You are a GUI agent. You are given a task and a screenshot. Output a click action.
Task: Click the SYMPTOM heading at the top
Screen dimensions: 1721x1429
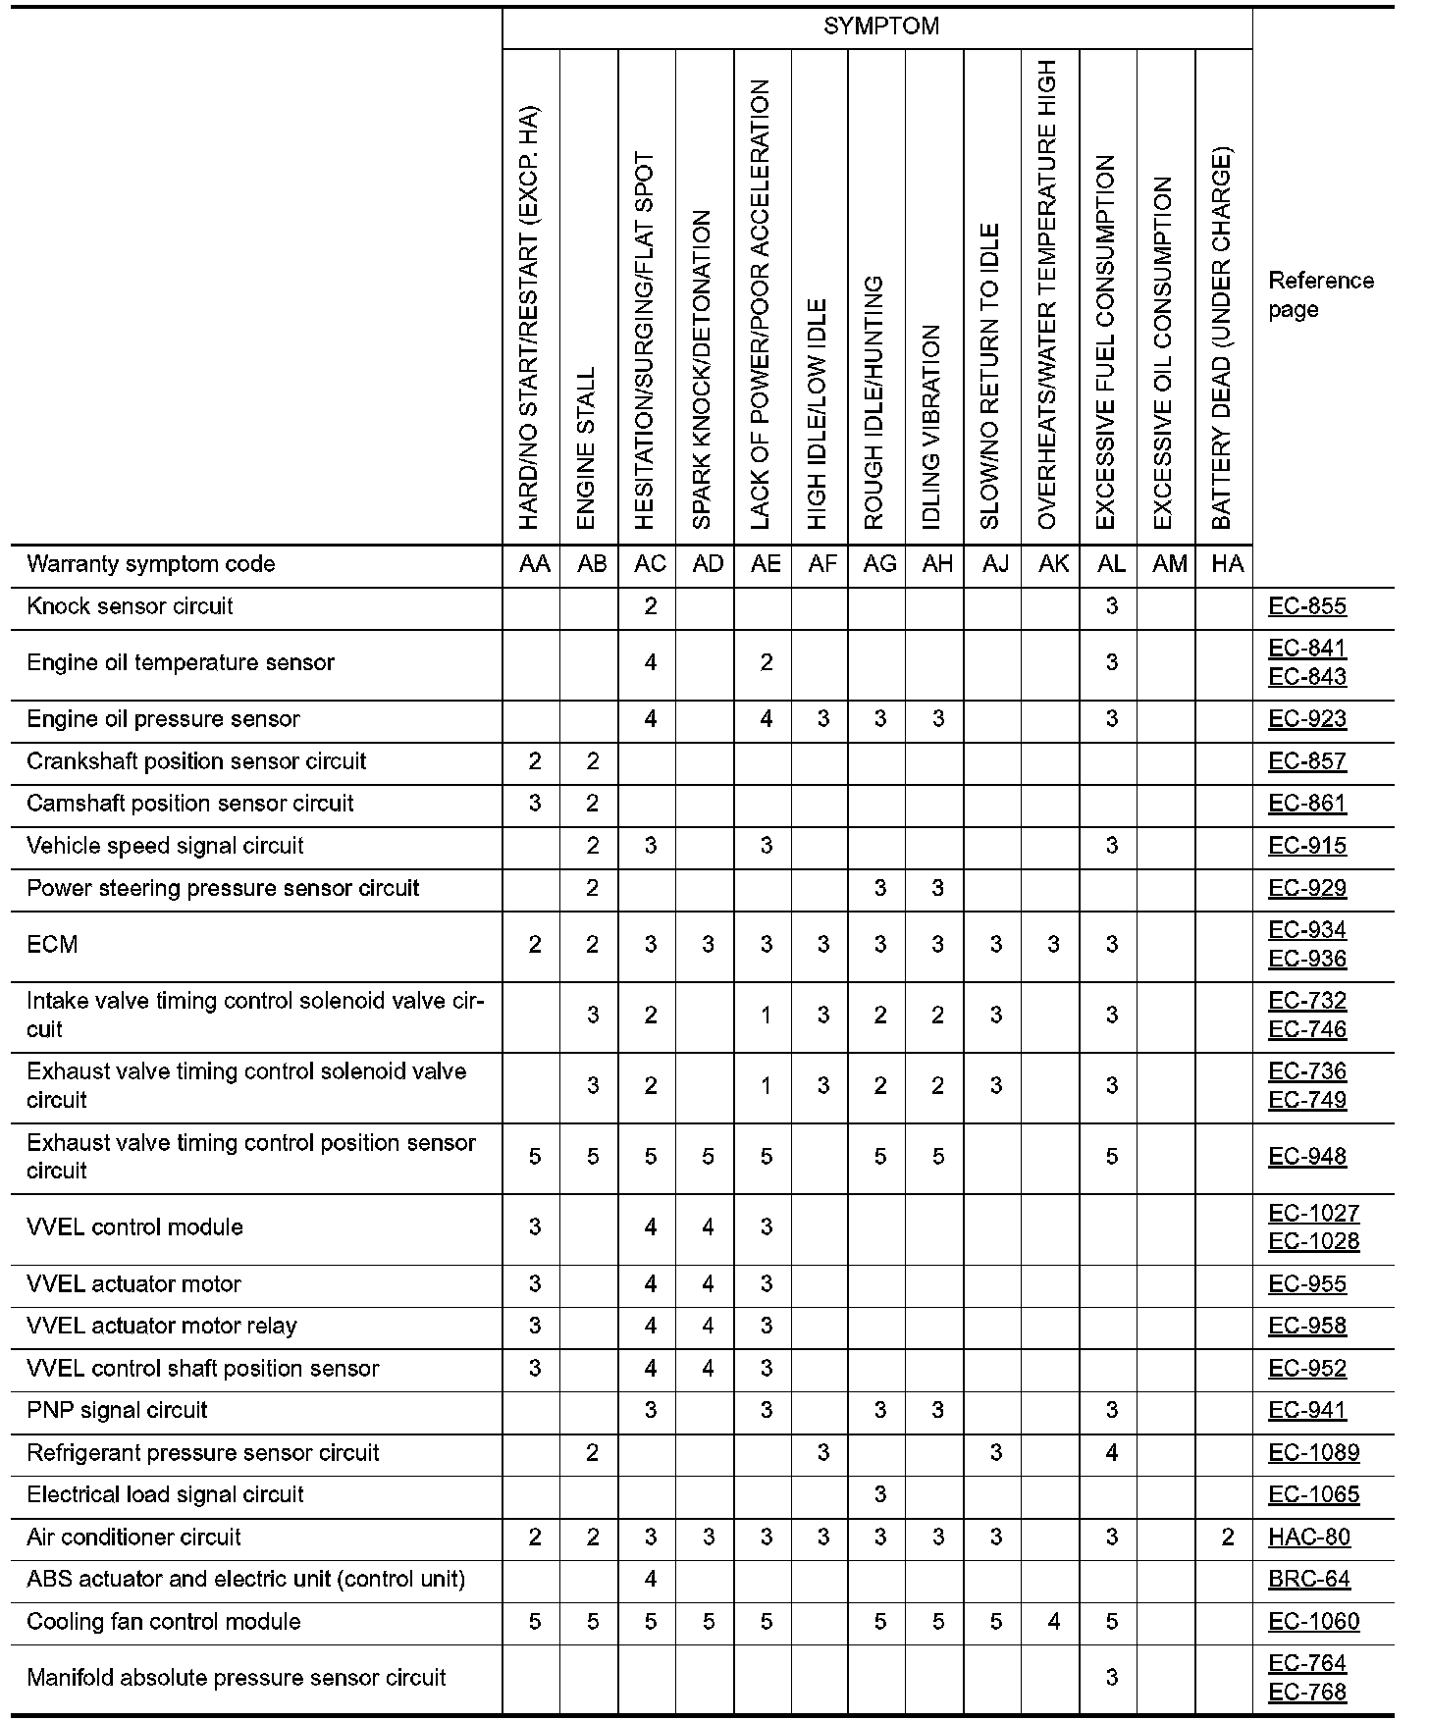point(880,26)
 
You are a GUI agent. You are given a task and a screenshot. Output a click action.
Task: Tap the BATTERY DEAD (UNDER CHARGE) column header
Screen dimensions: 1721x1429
point(1222,339)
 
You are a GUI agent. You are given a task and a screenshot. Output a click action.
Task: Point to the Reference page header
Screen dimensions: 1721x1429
point(1320,295)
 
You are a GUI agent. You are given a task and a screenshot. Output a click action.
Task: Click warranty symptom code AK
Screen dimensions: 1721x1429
point(1053,564)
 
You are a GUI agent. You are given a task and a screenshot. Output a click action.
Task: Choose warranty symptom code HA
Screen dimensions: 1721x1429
point(1227,564)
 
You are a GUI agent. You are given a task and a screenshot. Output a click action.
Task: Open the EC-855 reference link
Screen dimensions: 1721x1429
point(1307,606)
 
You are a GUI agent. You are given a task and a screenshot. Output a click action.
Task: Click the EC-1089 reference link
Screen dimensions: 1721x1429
point(1313,1453)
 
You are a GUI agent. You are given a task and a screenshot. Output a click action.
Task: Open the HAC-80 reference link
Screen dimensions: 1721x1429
point(1309,1538)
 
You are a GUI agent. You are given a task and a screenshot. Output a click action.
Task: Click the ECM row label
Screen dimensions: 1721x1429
point(53,945)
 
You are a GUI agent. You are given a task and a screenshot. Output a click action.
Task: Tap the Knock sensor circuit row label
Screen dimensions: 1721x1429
point(130,606)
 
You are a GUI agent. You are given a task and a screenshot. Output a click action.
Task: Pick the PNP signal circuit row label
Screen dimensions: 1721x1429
point(117,1411)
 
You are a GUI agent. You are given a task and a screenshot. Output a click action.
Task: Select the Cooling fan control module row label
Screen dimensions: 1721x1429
point(163,1622)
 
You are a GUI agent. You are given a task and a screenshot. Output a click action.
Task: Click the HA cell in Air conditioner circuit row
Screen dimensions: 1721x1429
point(1227,1538)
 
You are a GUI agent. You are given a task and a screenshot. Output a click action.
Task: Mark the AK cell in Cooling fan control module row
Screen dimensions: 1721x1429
point(1053,1622)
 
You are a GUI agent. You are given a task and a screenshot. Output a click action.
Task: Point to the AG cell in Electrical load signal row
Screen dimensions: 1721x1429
point(879,1495)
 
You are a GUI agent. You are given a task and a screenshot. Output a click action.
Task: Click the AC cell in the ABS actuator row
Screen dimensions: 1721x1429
point(650,1580)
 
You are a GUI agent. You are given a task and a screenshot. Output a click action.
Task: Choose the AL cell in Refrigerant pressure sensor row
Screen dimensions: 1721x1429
point(1111,1453)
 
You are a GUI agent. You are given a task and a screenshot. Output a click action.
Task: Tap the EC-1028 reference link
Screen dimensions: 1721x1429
point(1313,1242)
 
